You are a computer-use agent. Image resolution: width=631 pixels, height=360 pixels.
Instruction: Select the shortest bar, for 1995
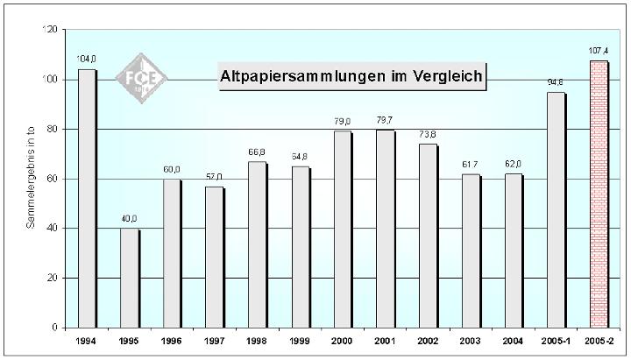pyautogui.click(x=129, y=278)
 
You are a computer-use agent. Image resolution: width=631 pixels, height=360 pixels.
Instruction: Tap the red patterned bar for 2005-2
pyautogui.click(x=598, y=194)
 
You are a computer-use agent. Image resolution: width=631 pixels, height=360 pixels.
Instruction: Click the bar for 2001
pyautogui.click(x=385, y=229)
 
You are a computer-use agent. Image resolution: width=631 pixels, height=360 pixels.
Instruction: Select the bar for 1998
pyautogui.click(x=257, y=244)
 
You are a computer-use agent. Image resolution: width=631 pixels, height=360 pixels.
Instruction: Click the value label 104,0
pyautogui.click(x=87, y=60)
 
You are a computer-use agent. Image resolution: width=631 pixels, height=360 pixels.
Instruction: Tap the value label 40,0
pyautogui.click(x=129, y=218)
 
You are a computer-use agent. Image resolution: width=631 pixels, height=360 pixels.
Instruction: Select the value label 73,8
pyautogui.click(x=428, y=134)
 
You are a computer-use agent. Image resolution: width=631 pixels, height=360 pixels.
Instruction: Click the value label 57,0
pyautogui.click(x=215, y=176)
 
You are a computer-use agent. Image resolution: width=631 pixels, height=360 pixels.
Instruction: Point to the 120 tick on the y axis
pyautogui.click(x=50, y=30)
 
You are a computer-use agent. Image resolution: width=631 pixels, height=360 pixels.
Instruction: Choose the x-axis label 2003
pyautogui.click(x=471, y=342)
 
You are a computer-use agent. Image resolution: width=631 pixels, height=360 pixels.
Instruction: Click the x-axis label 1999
pyautogui.click(x=300, y=342)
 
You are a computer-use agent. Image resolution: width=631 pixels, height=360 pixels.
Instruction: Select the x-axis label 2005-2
pyautogui.click(x=599, y=342)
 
